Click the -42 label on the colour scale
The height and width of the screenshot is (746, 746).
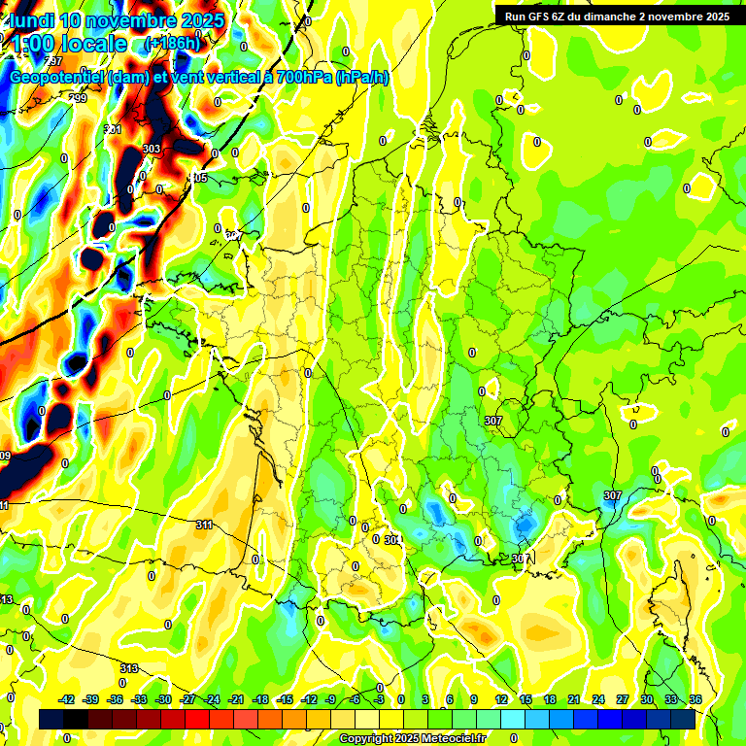coord(67,699)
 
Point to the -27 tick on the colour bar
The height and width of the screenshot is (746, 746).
coord(187,699)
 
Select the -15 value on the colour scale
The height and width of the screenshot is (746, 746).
coord(285,699)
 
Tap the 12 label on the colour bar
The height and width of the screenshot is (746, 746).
coord(500,699)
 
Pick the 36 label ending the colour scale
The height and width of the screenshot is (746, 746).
coord(695,699)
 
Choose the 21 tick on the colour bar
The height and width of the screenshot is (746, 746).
coord(573,699)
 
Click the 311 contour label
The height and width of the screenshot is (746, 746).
coord(204,526)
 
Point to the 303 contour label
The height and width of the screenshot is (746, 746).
coord(152,149)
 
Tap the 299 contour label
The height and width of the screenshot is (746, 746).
coord(78,98)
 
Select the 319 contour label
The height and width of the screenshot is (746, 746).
coord(128,668)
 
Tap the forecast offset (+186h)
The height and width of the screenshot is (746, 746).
coord(172,44)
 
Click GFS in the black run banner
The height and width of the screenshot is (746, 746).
coord(542,17)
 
